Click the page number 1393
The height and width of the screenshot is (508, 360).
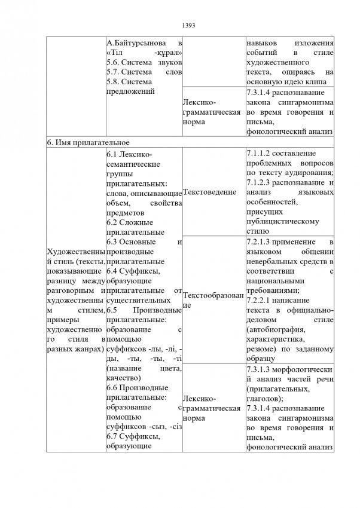tap(189, 26)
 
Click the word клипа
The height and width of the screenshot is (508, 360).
tap(318, 82)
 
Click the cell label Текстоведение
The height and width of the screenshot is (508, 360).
tap(210, 192)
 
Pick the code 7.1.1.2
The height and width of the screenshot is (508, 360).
tap(261, 154)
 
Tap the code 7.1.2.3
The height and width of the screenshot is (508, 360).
tap(261, 182)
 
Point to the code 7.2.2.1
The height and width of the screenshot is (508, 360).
tap(261, 299)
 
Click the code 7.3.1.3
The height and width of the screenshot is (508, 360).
tap(261, 369)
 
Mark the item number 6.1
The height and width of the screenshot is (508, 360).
tap(113, 154)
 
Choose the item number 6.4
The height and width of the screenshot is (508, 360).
tap(113, 271)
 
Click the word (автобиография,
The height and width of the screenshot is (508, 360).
tap(276, 328)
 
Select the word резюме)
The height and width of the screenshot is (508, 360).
tap(262, 347)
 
